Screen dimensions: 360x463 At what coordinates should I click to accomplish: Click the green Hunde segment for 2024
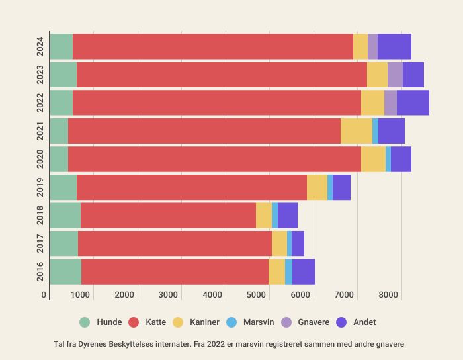coord(61,46)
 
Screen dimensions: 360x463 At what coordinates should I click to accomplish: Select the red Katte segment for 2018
coord(168,216)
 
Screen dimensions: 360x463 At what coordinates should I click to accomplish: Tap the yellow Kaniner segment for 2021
coord(357,131)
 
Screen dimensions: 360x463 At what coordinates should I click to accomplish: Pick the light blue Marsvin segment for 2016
coord(288,272)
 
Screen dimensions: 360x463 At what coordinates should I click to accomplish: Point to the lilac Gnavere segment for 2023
coord(395,75)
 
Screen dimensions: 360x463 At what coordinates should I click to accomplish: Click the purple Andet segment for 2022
coord(413,103)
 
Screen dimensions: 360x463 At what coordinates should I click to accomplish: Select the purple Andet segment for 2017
coord(298,244)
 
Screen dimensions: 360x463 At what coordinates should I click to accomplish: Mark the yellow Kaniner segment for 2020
coord(373,159)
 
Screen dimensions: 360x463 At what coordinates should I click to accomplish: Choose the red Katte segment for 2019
coord(192,187)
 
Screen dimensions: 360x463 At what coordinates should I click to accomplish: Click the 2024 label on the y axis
coord(41,46)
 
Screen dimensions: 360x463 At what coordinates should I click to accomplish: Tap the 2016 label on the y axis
coord(41,272)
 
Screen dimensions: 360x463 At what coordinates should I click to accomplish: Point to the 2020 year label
coord(41,159)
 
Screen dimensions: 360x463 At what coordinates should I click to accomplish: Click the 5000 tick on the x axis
coord(256,294)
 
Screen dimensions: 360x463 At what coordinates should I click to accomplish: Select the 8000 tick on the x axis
coord(388,294)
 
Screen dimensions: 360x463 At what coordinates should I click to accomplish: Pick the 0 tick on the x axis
coord(44,294)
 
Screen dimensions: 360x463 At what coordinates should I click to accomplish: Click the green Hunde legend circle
coord(85,322)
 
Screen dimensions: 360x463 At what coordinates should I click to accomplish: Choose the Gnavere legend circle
coord(286,322)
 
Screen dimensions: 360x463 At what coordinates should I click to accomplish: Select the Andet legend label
coord(364,322)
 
